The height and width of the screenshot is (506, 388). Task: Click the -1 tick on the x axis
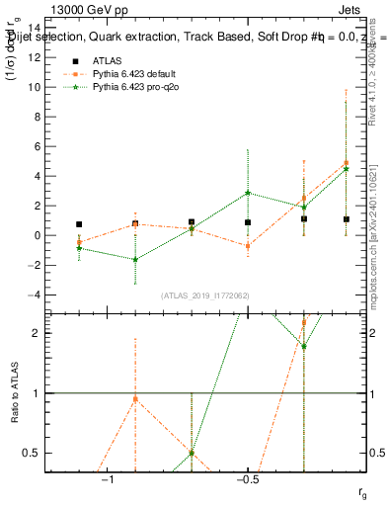(108, 478)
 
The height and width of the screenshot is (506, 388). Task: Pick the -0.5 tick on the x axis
(247, 478)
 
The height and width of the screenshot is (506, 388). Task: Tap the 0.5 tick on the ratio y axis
(41, 453)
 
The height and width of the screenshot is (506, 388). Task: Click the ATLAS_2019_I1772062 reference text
(205, 295)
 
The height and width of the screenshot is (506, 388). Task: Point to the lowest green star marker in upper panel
(135, 259)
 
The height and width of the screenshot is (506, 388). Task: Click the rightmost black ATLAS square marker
(347, 219)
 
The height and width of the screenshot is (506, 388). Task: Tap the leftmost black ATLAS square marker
(79, 224)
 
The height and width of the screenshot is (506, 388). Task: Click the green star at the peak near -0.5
(248, 193)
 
